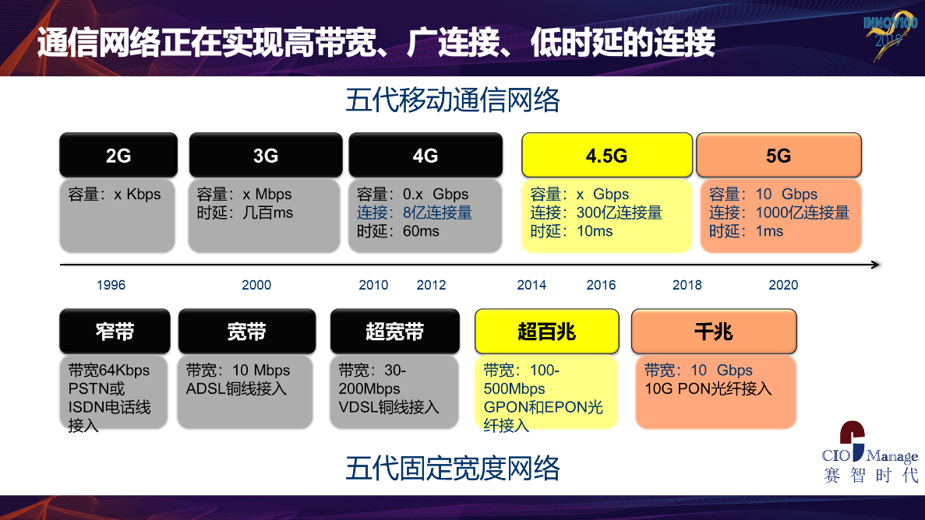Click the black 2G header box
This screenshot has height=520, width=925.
118,155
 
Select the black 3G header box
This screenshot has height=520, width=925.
266,155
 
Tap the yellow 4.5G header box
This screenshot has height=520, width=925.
607,155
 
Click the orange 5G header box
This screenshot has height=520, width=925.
778,155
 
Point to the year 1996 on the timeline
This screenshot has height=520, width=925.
111,286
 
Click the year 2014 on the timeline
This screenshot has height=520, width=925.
531,286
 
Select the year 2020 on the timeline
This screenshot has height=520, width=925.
783,286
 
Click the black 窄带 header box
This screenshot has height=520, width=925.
115,332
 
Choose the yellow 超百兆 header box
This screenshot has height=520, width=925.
547,332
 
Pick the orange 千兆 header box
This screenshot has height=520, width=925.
714,332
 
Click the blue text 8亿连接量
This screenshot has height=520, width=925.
438,213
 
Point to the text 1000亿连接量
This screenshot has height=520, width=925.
803,213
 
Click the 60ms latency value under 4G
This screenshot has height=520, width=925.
422,231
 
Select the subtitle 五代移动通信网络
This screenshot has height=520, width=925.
453,100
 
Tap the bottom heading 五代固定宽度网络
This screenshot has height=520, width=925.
453,469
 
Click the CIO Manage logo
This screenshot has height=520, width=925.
870,452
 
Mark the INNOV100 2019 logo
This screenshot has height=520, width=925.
890,35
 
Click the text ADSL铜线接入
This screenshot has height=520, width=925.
236,389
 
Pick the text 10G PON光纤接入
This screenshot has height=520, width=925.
708,389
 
